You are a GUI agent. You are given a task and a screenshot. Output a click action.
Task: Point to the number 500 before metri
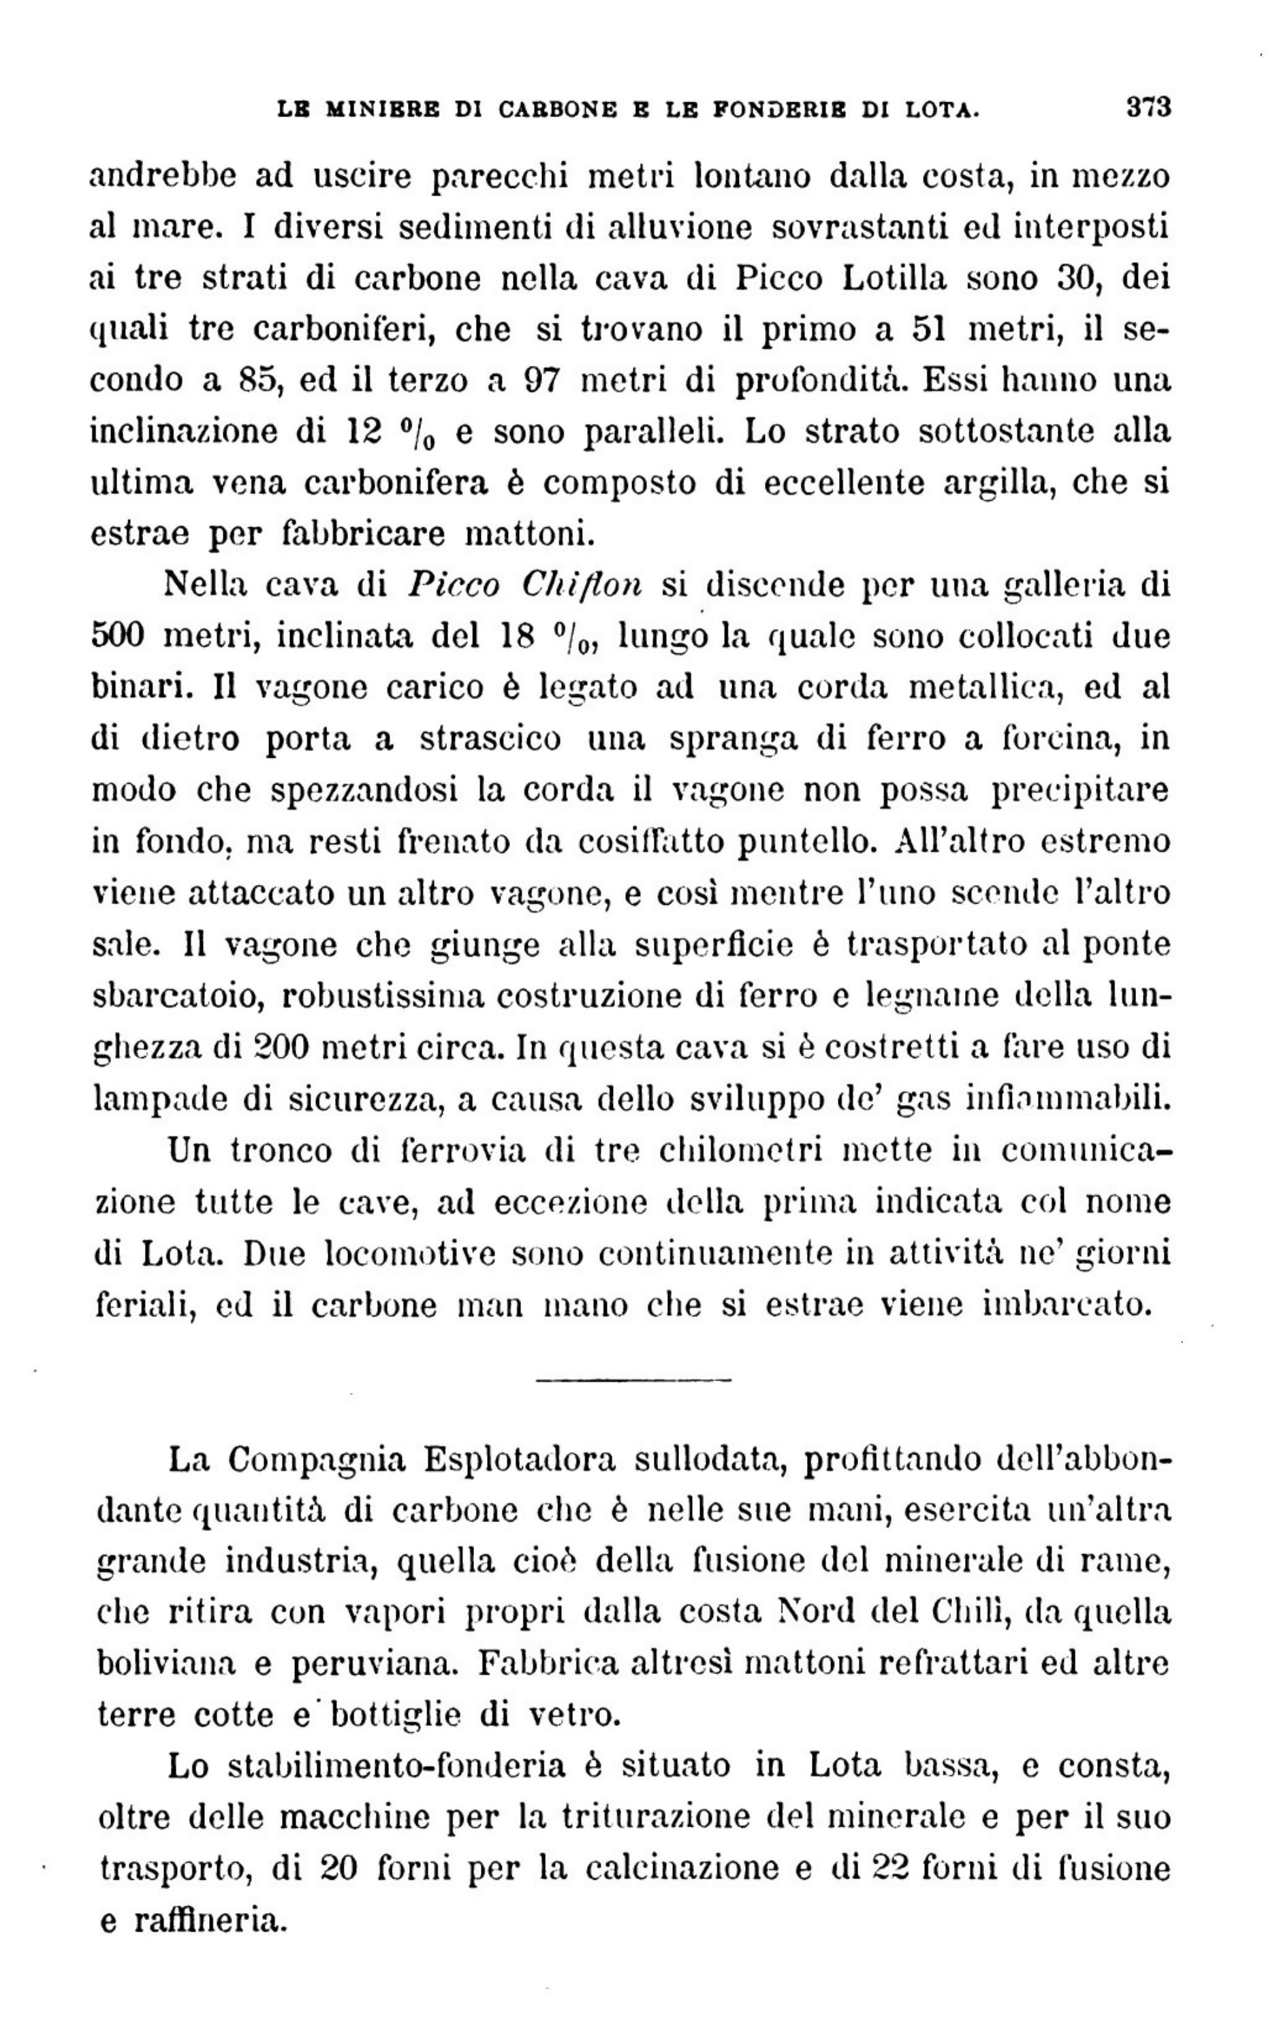click(x=117, y=635)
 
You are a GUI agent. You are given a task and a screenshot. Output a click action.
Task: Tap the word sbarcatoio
click(x=175, y=997)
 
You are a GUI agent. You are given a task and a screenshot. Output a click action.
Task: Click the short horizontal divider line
click(x=633, y=1380)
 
